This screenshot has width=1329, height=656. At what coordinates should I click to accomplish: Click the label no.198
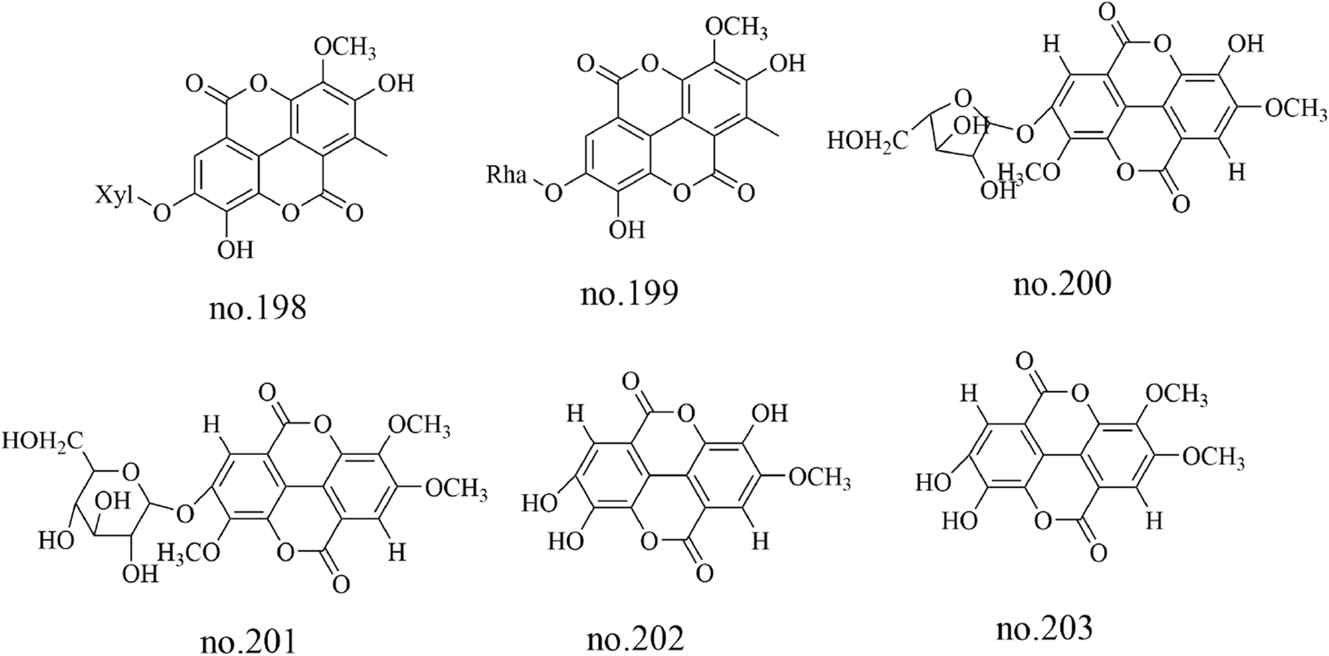[x=257, y=307]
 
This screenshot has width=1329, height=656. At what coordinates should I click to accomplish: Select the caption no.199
[x=628, y=292]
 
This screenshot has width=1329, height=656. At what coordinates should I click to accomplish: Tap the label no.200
[x=1061, y=284]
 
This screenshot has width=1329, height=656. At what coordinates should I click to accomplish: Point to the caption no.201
[x=248, y=642]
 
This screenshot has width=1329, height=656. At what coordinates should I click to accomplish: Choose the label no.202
[x=635, y=639]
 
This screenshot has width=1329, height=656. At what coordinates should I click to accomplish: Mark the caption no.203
[x=1044, y=628]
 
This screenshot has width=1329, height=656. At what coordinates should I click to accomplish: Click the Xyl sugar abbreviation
[x=112, y=197]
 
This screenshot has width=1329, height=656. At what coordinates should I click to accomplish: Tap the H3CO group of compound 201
[x=188, y=553]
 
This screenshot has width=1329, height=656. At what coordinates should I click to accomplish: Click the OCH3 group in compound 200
[x=1295, y=109]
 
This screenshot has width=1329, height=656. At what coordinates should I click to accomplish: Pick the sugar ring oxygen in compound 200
[x=964, y=97]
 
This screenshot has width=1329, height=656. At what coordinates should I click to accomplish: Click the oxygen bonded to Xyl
[x=160, y=214]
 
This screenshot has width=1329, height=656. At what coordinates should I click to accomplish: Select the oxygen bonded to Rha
[x=553, y=193]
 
